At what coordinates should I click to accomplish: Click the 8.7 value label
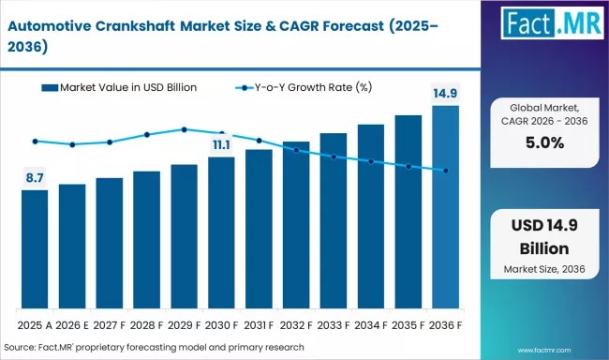point(35,176)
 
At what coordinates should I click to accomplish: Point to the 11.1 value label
point(221,144)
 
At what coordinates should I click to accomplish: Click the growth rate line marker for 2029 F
point(184,129)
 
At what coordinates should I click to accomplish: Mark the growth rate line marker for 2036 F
point(446,171)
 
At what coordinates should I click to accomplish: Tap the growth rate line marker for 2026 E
point(72,144)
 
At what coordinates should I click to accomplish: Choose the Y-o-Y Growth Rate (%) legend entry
point(305,87)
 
